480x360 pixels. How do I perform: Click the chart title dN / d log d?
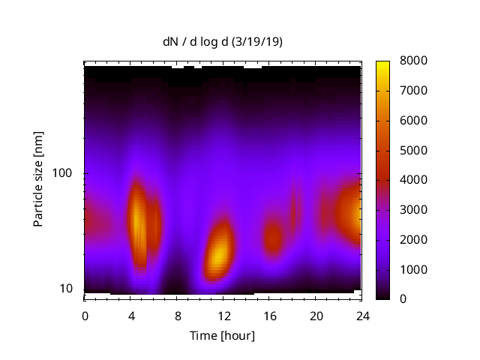click(198, 42)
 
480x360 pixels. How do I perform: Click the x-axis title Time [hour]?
click(222, 335)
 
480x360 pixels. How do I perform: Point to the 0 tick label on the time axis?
click(85, 315)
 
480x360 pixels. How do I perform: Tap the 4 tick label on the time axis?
click(131, 315)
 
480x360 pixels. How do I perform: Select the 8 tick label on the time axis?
click(177, 315)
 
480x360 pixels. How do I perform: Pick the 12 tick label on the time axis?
click(223, 315)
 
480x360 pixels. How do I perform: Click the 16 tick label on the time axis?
click(269, 315)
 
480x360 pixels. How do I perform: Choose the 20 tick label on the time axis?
click(316, 315)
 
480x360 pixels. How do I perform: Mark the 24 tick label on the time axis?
click(361, 315)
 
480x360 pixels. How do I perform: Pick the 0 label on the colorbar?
click(403, 298)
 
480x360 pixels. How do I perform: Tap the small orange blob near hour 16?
click(272, 239)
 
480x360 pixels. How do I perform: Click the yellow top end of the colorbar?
click(382, 64)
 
